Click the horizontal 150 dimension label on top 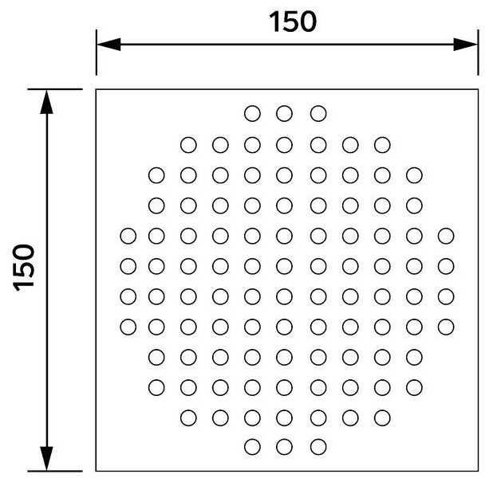click(293, 22)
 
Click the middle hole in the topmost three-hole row click(285, 113)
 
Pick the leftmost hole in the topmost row click(252, 113)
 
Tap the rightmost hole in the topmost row click(317, 113)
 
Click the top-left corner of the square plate click(97, 89)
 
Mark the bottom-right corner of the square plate click(477, 471)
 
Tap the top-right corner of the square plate click(477, 89)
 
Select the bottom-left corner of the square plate click(97, 471)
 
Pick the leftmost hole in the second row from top click(188, 145)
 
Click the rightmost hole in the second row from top click(382, 145)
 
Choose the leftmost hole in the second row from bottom click(188, 416)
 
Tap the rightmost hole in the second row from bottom click(382, 416)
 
